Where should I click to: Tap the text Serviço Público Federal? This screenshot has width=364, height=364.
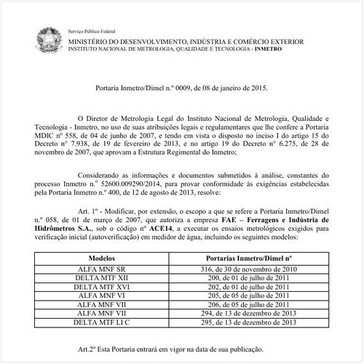pyautogui.click(x=92, y=32)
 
